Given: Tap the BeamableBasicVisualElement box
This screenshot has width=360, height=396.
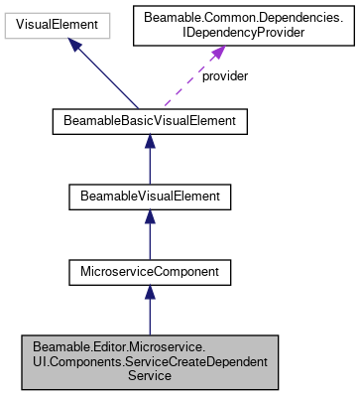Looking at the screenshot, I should [x=149, y=123].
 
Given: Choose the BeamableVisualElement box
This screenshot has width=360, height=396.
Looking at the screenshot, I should [x=149, y=197].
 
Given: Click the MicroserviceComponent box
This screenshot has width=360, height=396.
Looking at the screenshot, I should [x=149, y=270].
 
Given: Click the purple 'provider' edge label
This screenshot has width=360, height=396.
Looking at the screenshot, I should [x=223, y=76].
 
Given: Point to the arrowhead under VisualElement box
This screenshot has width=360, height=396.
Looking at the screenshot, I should [x=74, y=44].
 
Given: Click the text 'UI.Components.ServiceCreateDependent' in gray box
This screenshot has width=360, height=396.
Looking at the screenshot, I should [x=149, y=360].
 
